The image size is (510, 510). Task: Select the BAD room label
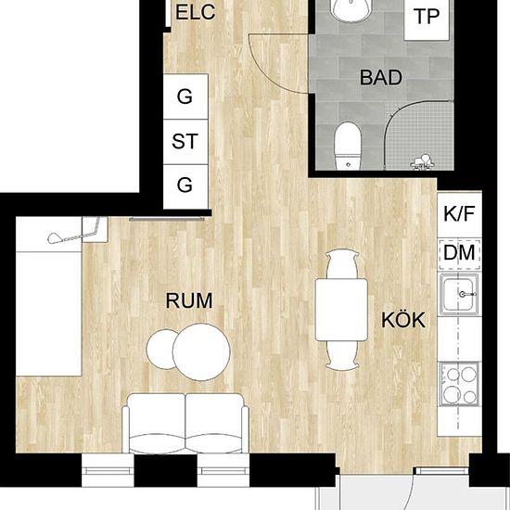[x=381, y=78]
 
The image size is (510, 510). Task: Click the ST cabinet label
[x=185, y=142]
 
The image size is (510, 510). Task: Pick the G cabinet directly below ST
[x=185, y=185]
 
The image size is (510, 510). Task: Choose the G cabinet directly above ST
[x=185, y=96]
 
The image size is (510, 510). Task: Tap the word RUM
[x=189, y=300]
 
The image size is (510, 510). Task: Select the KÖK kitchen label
[x=402, y=321]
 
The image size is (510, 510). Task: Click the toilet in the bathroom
[x=347, y=145]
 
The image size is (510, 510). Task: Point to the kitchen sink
[x=460, y=299]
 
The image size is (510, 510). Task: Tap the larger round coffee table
[x=203, y=351]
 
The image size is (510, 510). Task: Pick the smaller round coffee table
[x=165, y=351]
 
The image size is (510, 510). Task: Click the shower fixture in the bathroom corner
[x=423, y=161]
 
